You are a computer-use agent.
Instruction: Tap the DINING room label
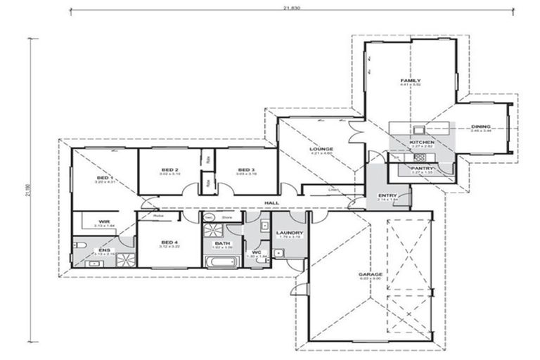pos(481,127)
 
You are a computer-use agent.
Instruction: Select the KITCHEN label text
pos(422,142)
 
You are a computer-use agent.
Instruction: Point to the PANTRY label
pos(422,168)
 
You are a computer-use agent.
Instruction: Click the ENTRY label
pos(387,195)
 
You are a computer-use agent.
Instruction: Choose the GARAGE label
pos(370,274)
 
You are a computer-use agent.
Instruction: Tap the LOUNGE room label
pos(321,149)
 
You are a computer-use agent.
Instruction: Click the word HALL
pos(271,203)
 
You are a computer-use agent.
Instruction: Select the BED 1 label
pos(104,178)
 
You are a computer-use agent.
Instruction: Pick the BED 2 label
pos(169,169)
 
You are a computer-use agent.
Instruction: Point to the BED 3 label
pos(245,169)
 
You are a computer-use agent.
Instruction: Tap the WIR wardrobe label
pos(103,221)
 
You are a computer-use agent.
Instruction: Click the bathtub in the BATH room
pos(221,261)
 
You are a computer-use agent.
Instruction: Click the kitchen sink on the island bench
pos(419,129)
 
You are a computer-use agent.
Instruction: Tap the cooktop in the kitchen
pos(421,157)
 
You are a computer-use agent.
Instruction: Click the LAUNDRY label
pos(289,233)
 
